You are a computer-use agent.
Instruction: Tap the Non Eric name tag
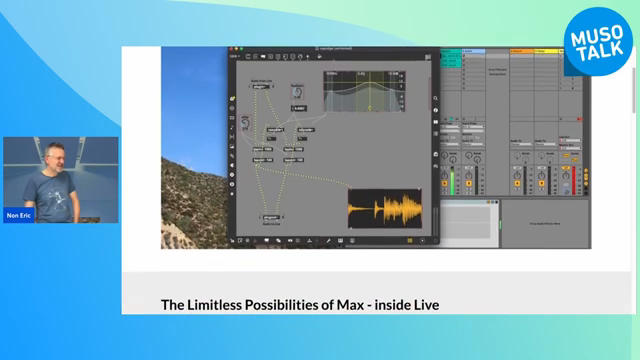[x=17, y=215]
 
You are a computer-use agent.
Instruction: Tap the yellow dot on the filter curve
[x=371, y=107]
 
